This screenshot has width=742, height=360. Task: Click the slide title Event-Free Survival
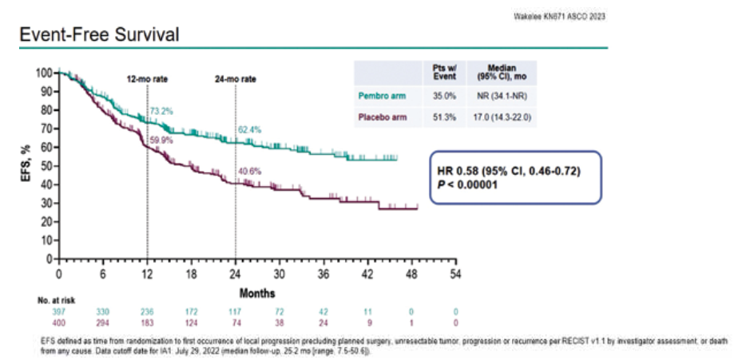(x=98, y=35)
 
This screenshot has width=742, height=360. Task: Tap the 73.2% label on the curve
(x=161, y=111)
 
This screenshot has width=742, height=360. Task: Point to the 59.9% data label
(x=161, y=139)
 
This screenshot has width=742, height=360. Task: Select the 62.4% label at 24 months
(x=249, y=129)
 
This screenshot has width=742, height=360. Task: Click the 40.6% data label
(x=249, y=170)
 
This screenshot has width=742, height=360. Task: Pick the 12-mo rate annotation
(x=147, y=80)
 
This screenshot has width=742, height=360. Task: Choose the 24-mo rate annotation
(x=235, y=80)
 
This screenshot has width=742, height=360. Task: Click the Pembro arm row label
(x=383, y=96)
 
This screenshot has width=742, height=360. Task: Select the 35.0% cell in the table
(x=444, y=96)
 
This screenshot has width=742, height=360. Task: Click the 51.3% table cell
(x=444, y=117)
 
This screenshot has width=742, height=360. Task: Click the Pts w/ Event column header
(x=444, y=73)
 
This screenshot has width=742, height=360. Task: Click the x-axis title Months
(x=256, y=293)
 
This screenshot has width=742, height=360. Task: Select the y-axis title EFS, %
(x=26, y=165)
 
